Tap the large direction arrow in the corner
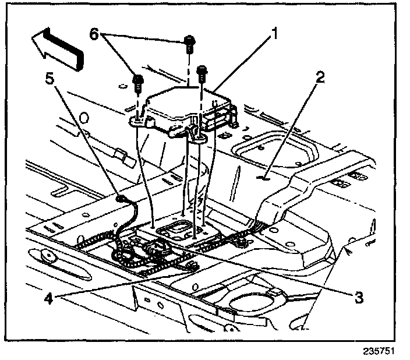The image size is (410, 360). point(59,47)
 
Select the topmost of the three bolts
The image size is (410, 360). point(190,43)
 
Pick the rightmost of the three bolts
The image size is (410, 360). point(202,72)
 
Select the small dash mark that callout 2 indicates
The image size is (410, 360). point(264,178)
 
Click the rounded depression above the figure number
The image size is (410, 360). point(252,301)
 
